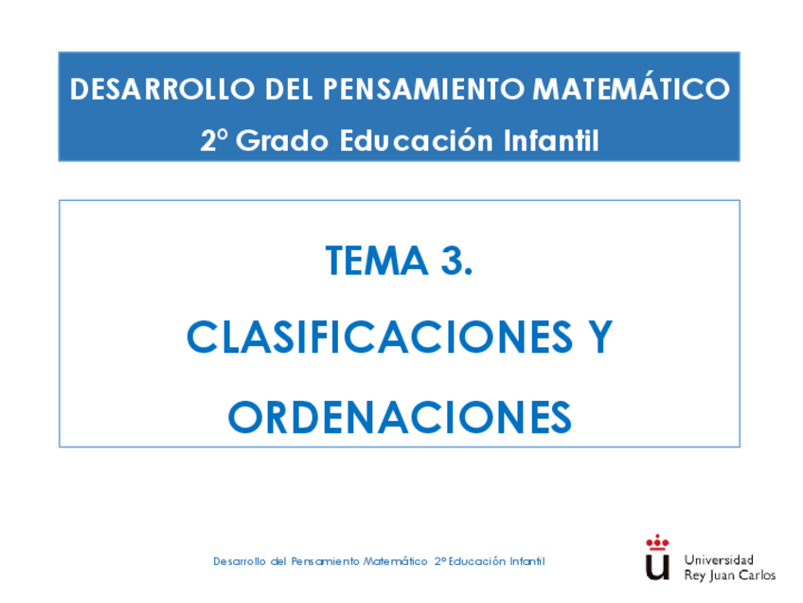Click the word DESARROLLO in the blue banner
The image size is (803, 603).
tap(162, 89)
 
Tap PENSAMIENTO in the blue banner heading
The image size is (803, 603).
tap(423, 89)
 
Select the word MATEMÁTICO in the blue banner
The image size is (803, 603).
tap(631, 86)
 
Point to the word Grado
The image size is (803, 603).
tap(281, 140)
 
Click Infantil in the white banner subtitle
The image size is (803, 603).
tap(551, 140)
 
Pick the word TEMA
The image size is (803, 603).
tap(377, 261)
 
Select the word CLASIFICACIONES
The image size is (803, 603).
tap(380, 337)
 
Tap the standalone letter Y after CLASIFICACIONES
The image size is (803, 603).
tap(600, 337)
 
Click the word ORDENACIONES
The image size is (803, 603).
tap(400, 417)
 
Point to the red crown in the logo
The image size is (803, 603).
tap(657, 541)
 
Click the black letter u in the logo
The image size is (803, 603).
tap(657, 567)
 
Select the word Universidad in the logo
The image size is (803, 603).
tap(719, 559)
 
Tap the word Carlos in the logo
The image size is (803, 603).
tap(757, 575)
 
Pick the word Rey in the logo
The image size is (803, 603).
tap(695, 576)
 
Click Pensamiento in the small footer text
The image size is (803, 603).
tap(325, 561)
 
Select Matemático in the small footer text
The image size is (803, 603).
tap(396, 560)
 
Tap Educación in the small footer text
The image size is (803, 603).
tap(477, 560)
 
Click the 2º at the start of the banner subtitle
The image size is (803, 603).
tap(214, 139)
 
